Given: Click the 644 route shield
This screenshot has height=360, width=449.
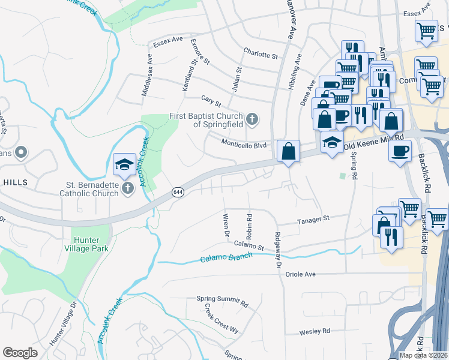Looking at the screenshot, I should (178, 191).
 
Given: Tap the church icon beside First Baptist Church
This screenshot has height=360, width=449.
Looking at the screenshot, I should (252, 119).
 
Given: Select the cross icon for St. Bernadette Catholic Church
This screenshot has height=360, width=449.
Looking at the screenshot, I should (127, 188).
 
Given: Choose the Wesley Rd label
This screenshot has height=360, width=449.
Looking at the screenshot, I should (315, 331).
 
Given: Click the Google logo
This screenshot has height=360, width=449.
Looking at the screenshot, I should (20, 353).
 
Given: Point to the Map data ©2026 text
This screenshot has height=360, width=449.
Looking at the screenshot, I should (423, 355).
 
